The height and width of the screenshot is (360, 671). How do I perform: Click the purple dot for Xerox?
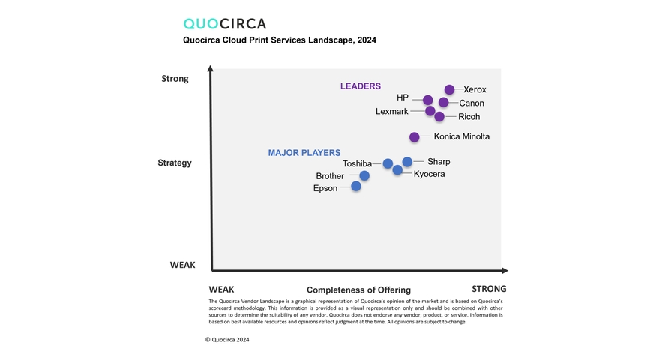click(x=449, y=90)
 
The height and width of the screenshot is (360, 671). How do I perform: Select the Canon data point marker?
click(x=443, y=103)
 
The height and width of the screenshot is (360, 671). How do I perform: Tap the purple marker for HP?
click(x=427, y=100)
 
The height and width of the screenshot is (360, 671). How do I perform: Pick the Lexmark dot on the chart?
click(x=430, y=111)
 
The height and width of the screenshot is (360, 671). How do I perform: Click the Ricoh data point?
click(x=439, y=116)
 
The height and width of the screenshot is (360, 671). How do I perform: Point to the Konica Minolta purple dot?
click(x=415, y=137)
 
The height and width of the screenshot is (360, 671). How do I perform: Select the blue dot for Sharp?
click(x=407, y=162)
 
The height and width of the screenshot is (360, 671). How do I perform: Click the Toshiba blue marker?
click(x=388, y=163)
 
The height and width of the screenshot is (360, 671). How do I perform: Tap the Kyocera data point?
click(x=397, y=170)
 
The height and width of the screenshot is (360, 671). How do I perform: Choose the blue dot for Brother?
click(x=364, y=176)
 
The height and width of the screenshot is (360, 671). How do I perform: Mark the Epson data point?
click(x=356, y=186)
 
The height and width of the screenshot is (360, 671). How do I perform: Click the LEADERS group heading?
click(x=361, y=86)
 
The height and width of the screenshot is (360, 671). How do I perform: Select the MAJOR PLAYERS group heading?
click(x=304, y=153)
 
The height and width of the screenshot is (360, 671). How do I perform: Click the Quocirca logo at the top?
click(x=225, y=24)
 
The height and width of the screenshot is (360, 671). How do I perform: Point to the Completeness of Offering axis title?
click(x=358, y=290)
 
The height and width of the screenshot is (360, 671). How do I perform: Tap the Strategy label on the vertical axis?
click(x=175, y=163)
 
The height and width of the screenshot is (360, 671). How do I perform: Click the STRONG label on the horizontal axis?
click(x=489, y=289)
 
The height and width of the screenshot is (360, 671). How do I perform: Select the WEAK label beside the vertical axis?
click(x=182, y=265)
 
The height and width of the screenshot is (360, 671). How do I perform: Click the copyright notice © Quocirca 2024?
click(x=227, y=340)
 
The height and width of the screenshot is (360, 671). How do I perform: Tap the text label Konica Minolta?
click(x=461, y=136)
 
